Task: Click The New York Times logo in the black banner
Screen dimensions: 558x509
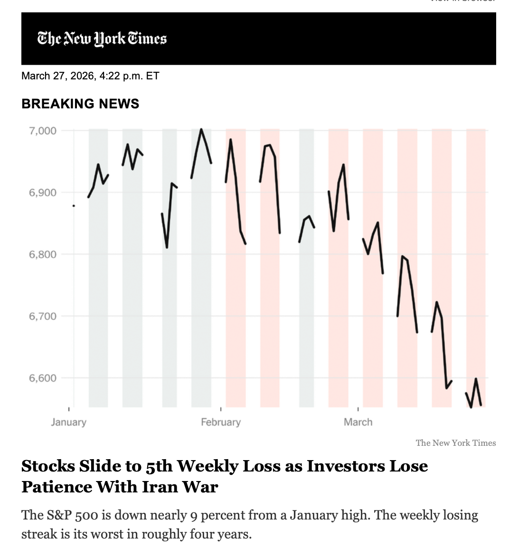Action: (x=102, y=38)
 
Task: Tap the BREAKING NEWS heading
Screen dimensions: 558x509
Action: (x=80, y=104)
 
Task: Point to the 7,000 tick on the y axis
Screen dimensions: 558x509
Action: (x=43, y=131)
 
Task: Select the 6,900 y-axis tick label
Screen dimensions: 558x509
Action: (x=43, y=192)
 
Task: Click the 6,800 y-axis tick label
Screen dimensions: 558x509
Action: (x=43, y=254)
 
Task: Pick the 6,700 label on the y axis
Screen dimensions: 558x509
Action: (x=43, y=316)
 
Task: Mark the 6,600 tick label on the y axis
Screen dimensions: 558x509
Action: (x=43, y=378)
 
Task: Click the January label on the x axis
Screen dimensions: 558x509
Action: (x=69, y=422)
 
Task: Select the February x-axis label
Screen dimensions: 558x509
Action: (x=221, y=422)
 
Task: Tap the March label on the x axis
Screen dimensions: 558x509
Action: (x=358, y=422)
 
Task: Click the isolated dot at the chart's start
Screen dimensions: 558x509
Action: (x=74, y=206)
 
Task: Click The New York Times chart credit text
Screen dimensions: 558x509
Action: (x=455, y=443)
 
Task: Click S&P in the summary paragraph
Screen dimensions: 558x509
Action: (x=60, y=515)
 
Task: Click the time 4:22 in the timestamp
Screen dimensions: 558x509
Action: (x=110, y=76)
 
